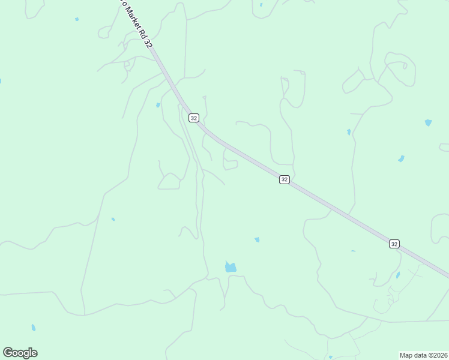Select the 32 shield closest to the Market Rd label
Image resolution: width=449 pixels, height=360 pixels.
pos(193,118)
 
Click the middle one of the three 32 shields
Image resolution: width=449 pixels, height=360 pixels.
pos(285,179)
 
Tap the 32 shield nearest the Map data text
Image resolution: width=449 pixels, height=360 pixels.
pos(394,244)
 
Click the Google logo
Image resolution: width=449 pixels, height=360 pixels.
pos(20,353)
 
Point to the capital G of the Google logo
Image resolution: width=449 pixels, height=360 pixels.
pos(8,352)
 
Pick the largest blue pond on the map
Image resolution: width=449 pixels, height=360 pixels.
pos(231,267)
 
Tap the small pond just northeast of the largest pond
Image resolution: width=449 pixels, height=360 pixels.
pos(257,240)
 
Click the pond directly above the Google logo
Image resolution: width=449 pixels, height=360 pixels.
pos(33,328)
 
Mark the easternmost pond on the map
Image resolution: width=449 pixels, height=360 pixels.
pos(428,122)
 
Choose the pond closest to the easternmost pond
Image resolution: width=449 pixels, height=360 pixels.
pos(401,159)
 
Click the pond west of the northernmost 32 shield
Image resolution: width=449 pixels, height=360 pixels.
pos(158,105)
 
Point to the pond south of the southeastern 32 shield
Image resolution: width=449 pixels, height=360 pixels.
pos(397,275)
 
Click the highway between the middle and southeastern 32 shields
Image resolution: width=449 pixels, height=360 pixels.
pos(339,211)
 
